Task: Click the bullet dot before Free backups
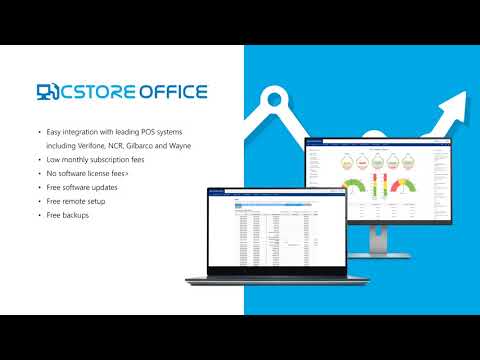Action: click(x=39, y=215)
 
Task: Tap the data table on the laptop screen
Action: click(x=265, y=235)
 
